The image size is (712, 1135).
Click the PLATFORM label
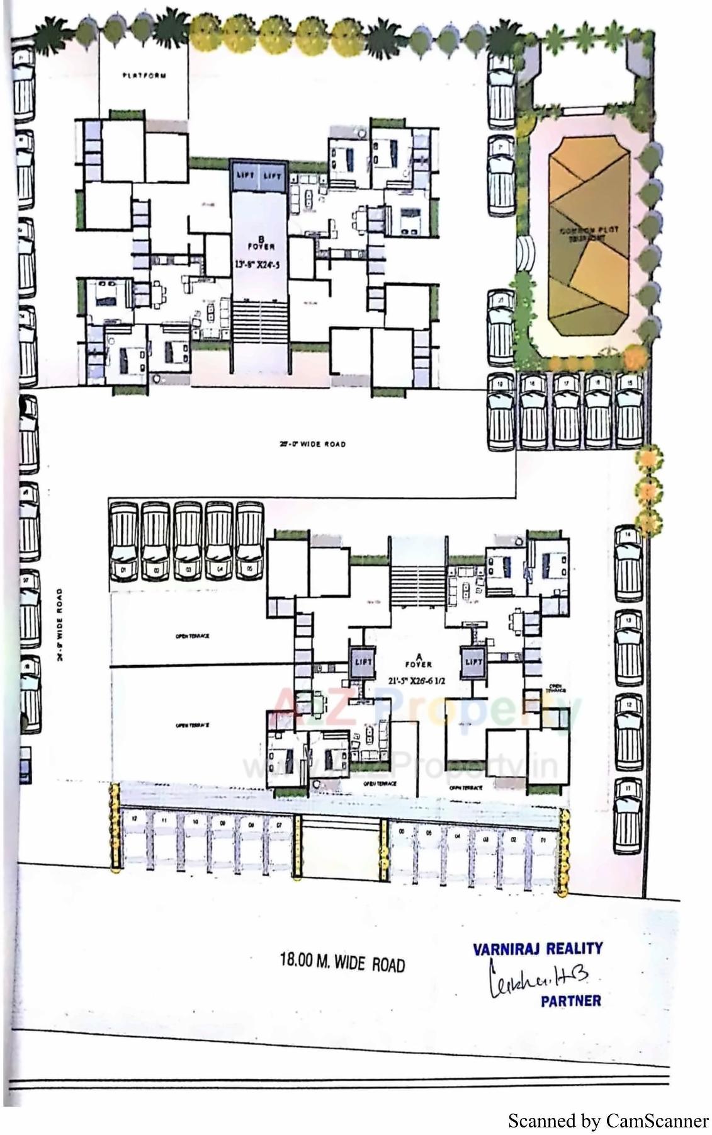145,76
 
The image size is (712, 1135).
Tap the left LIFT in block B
244,176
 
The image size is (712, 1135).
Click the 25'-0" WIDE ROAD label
312,444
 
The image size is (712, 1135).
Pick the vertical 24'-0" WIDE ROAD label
59,624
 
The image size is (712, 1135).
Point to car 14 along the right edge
628,562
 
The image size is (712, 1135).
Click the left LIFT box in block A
363,662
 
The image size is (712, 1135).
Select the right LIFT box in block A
473,662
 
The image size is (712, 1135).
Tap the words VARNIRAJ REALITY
538,949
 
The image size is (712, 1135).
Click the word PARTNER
570,1000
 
